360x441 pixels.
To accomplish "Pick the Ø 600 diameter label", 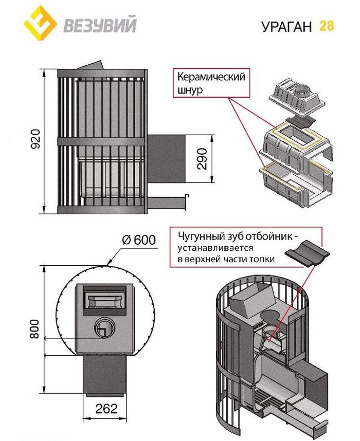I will [x=138, y=240].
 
